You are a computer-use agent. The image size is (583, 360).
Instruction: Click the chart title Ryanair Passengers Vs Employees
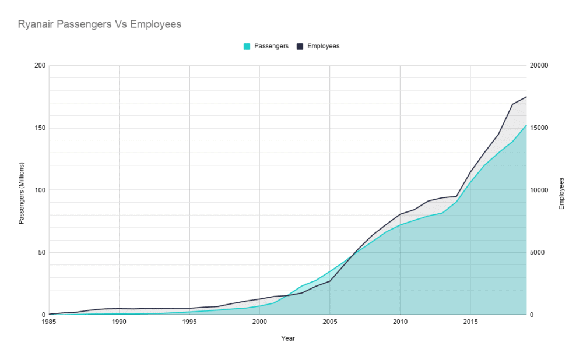coord(100,24)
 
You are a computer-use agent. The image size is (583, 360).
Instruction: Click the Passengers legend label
coord(271,46)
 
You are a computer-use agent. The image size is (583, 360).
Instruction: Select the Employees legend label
coord(323,46)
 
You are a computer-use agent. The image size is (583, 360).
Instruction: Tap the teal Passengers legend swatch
coord(247,46)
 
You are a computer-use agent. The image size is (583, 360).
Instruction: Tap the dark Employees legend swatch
coord(300,46)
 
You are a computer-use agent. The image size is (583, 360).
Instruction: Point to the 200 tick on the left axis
coord(40,65)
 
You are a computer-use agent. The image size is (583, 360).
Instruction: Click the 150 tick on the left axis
coord(40,128)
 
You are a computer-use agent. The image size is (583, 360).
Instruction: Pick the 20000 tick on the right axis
coord(539,65)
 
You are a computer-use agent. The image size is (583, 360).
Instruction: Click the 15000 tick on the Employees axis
coord(539,128)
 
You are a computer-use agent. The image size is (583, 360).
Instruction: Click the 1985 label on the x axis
coord(49,322)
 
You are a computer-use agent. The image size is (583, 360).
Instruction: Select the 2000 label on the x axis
coord(259,322)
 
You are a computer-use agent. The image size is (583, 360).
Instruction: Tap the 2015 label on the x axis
coord(470,322)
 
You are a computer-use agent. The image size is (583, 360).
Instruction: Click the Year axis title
coord(287,338)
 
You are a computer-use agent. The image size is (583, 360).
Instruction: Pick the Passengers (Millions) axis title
coord(21,190)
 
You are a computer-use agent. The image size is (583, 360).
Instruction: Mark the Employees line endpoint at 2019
coord(526,97)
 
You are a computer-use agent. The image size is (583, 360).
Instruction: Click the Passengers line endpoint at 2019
coord(526,125)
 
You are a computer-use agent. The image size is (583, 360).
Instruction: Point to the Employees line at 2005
coord(330,281)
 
